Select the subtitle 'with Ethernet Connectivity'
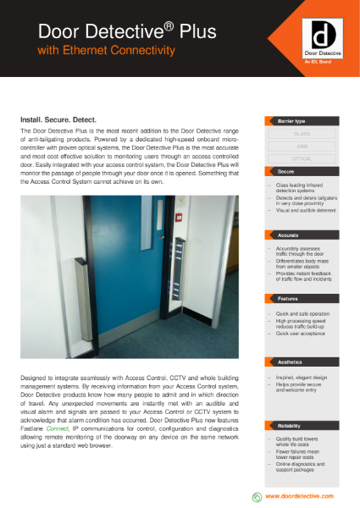pos(107,51)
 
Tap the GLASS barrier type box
pos(302,134)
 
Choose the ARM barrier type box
pos(302,146)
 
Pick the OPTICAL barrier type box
pos(302,157)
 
